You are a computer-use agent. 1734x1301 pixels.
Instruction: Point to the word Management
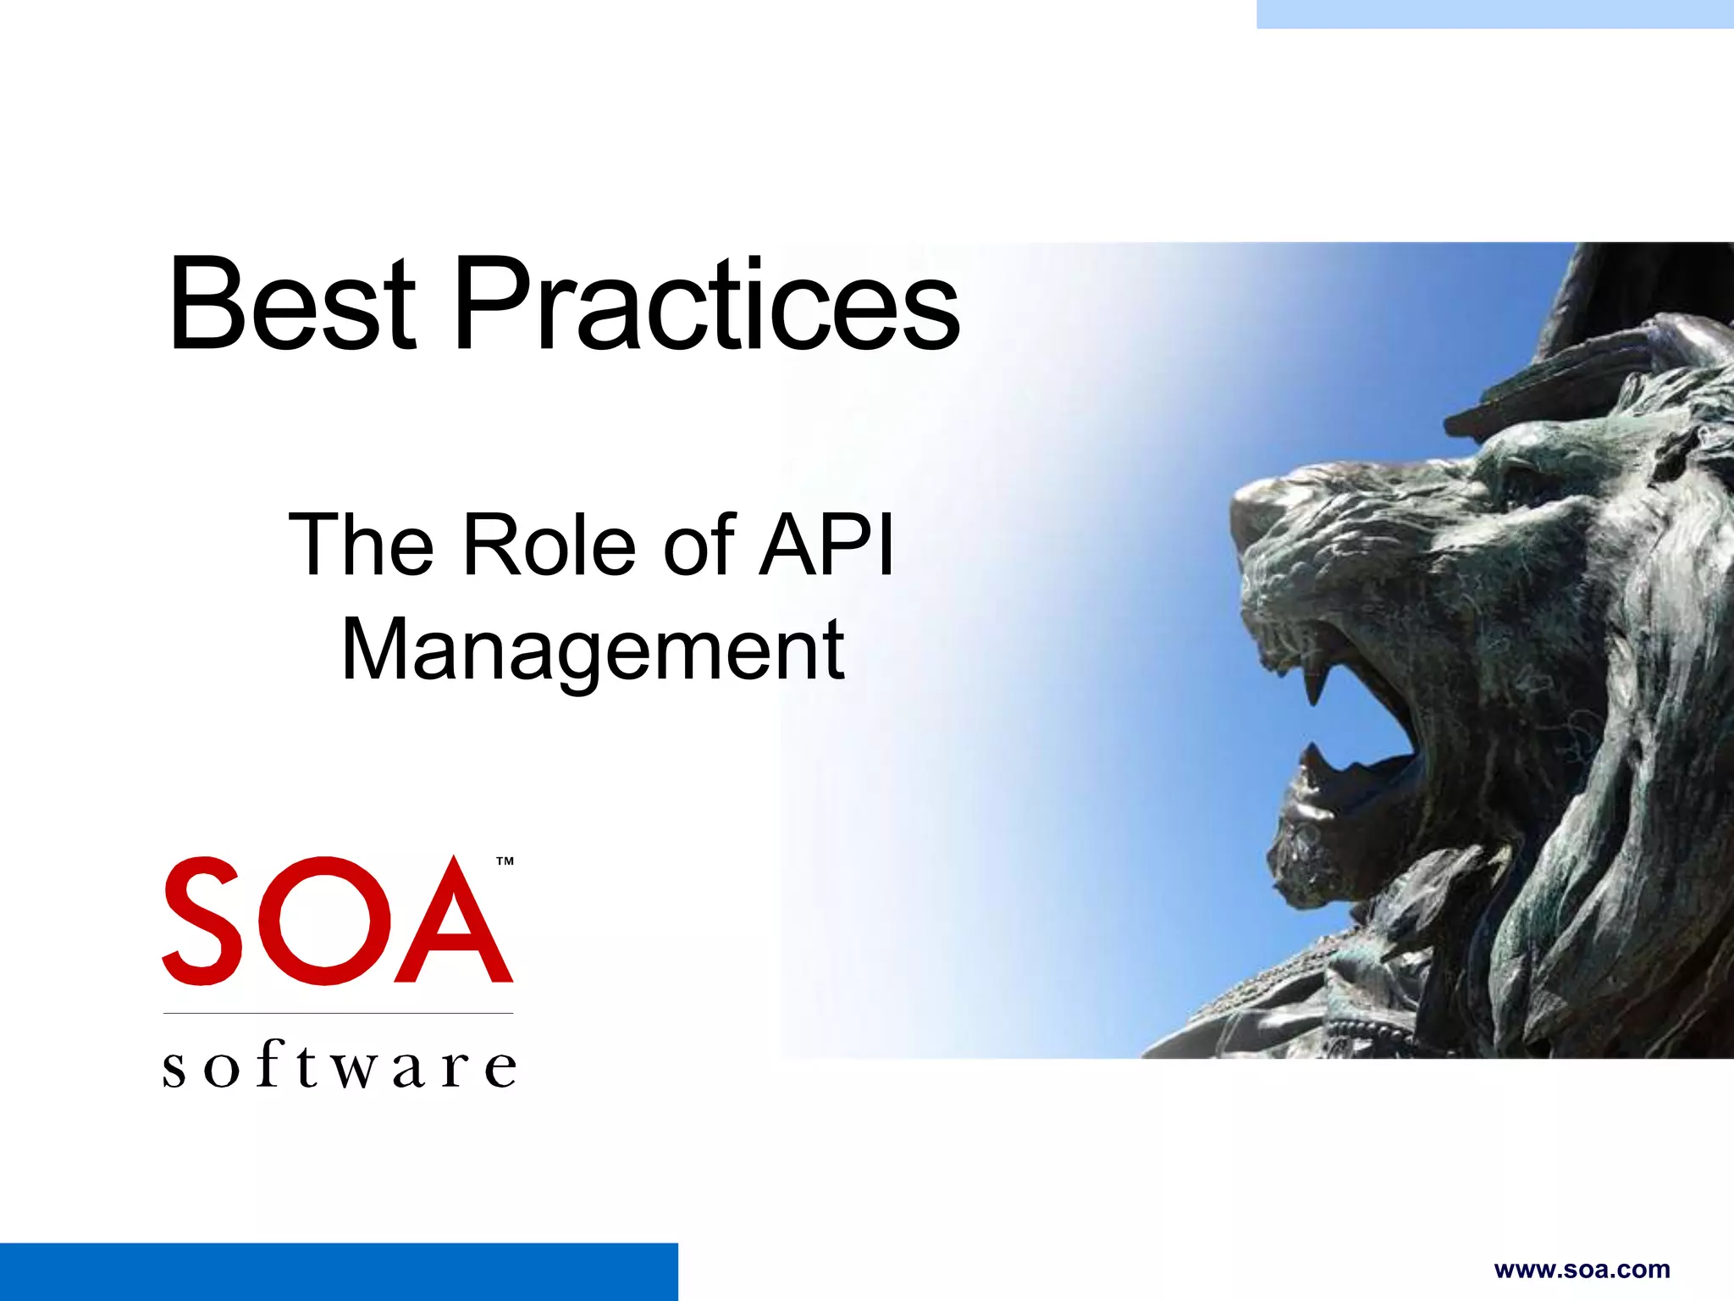(593, 650)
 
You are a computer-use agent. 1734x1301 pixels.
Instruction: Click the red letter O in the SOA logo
(324, 921)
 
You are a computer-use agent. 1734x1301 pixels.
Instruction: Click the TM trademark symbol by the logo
(505, 861)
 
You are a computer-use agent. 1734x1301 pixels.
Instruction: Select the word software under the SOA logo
(339, 1066)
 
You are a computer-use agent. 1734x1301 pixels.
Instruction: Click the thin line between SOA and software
(339, 1013)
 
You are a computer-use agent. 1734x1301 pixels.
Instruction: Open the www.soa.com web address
(1582, 1270)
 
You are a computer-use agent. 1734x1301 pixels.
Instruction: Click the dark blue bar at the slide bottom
(339, 1272)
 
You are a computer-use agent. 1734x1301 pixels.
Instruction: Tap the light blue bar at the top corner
(1494, 14)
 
